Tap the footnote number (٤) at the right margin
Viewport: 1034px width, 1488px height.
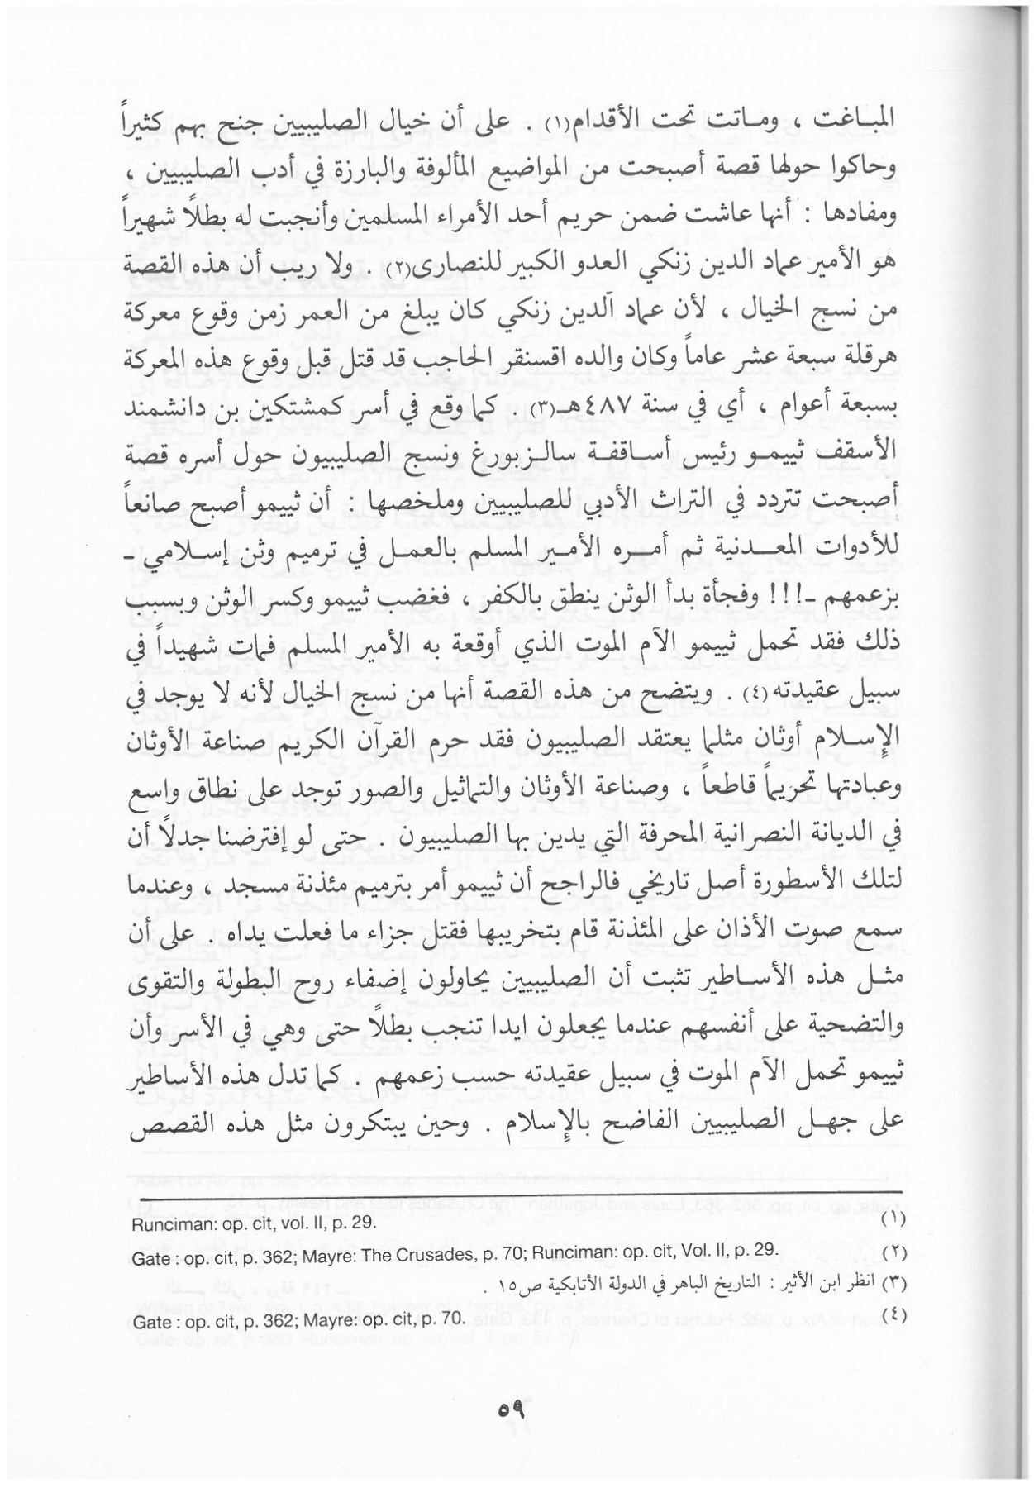click(893, 1314)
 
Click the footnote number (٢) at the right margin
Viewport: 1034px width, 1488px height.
click(893, 1251)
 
